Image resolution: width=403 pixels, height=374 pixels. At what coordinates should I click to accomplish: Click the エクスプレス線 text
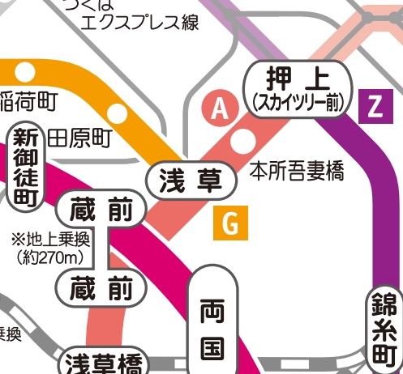[x=139, y=22]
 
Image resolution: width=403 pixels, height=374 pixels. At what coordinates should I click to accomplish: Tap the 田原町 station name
[x=79, y=137]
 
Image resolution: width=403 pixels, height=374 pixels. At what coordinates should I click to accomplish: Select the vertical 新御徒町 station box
[x=24, y=166]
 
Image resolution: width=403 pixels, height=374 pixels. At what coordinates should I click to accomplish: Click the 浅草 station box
[x=191, y=180]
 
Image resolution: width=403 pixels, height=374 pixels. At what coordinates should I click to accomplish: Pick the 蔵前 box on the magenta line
[x=103, y=210]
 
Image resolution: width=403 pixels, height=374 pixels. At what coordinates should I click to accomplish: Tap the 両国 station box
[x=212, y=324]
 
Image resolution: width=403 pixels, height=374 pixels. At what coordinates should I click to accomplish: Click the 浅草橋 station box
[x=103, y=362]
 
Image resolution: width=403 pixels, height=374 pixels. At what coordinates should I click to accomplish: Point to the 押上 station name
[x=298, y=79]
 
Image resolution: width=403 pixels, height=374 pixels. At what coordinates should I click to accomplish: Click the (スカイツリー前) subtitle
[x=298, y=102]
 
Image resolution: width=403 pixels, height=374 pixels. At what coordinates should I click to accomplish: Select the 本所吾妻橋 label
[x=297, y=171]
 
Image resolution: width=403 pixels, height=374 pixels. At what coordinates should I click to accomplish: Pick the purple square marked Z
[x=374, y=106]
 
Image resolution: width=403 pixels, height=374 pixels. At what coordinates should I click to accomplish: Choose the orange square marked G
[x=230, y=224]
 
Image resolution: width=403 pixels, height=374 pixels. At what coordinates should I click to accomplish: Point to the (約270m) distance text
[x=50, y=257]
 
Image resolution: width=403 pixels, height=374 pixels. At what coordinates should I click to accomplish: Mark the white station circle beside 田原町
[x=118, y=115]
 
